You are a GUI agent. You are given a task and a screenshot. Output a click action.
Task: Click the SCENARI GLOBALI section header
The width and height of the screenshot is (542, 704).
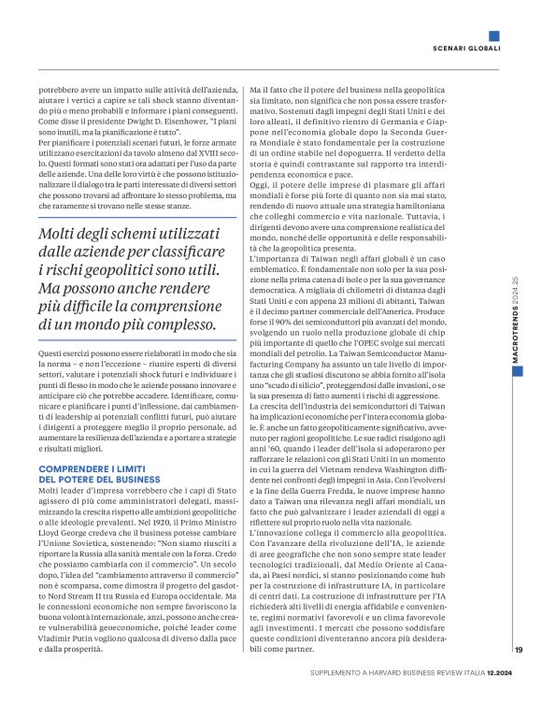click(465, 49)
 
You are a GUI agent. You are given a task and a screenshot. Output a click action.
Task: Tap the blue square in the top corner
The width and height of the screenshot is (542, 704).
click(493, 36)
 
